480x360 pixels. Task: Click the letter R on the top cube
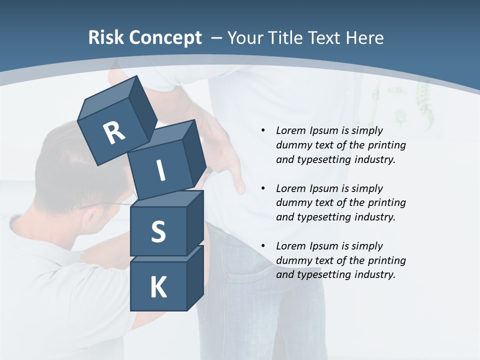(x=114, y=132)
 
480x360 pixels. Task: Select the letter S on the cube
(x=158, y=232)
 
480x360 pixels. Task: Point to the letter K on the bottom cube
(x=158, y=287)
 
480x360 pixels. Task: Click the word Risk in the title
(x=106, y=37)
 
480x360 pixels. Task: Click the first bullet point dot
(x=263, y=130)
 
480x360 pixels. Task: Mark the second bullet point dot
(x=263, y=188)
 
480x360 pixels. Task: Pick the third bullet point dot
(x=263, y=246)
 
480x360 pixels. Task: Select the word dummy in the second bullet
(x=292, y=203)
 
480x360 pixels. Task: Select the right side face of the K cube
(x=195, y=277)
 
